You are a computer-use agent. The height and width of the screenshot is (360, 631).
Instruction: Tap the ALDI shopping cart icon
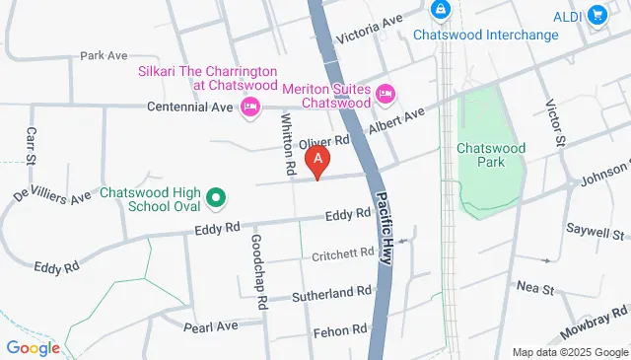[596, 15]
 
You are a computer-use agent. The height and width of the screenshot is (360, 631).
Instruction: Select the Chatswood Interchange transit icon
[440, 11]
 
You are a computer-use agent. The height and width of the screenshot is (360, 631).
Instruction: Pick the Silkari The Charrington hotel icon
[250, 106]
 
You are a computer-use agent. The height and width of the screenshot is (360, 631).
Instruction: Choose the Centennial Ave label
[189, 106]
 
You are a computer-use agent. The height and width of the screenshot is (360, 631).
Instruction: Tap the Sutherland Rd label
[332, 293]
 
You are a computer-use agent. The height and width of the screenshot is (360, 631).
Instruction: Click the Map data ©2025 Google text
[570, 352]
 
